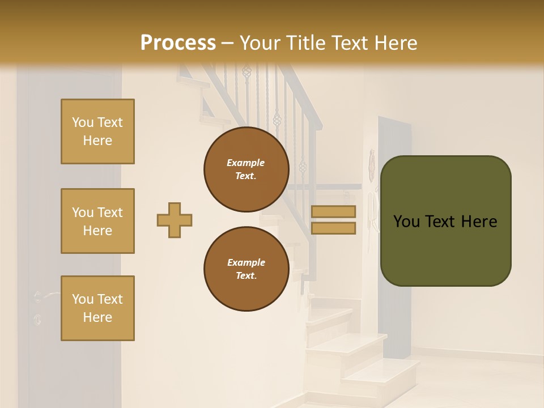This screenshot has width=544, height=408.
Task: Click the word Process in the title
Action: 178,43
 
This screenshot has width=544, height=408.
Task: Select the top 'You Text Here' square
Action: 97,131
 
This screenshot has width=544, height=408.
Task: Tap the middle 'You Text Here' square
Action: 97,221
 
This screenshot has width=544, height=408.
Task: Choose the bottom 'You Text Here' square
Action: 97,308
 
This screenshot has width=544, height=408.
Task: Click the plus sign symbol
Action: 175,220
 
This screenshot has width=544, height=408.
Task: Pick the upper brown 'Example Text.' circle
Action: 246,169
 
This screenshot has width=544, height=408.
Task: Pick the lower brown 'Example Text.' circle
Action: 246,269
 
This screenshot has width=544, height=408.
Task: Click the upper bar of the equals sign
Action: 334,211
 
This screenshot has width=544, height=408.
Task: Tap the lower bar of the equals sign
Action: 334,228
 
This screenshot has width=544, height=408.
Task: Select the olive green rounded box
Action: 445,221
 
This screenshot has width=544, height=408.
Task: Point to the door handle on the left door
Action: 45,295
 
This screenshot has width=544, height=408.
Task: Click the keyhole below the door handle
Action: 37,319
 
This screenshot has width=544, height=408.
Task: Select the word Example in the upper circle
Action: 246,163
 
